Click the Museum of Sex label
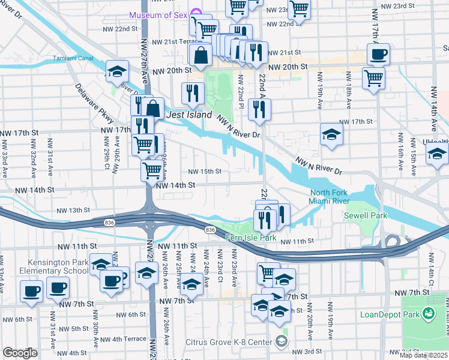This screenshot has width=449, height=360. click(158, 14)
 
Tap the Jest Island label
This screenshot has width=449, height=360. click(189, 115)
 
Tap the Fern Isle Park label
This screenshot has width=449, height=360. click(250, 238)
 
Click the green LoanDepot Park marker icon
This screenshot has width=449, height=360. click(429, 313)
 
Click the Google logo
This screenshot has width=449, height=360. click(20, 353)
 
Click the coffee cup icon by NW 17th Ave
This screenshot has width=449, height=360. click(378, 55)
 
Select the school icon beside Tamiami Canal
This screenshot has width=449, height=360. click(118, 71)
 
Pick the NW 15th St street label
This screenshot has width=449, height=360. click(205, 171)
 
